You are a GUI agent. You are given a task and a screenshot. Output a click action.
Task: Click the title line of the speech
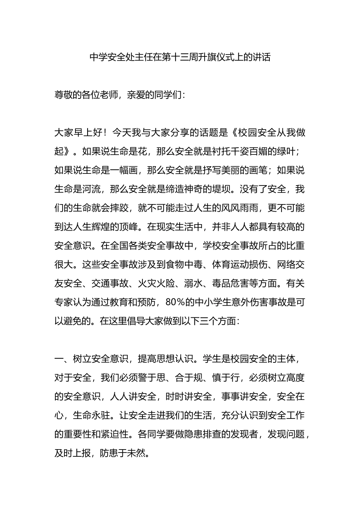[x=180, y=57]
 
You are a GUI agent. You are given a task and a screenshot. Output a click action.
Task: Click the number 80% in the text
[x=175, y=302]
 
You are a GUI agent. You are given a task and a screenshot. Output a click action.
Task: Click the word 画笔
[x=258, y=170]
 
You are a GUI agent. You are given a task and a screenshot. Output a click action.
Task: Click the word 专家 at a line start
[x=64, y=302]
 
